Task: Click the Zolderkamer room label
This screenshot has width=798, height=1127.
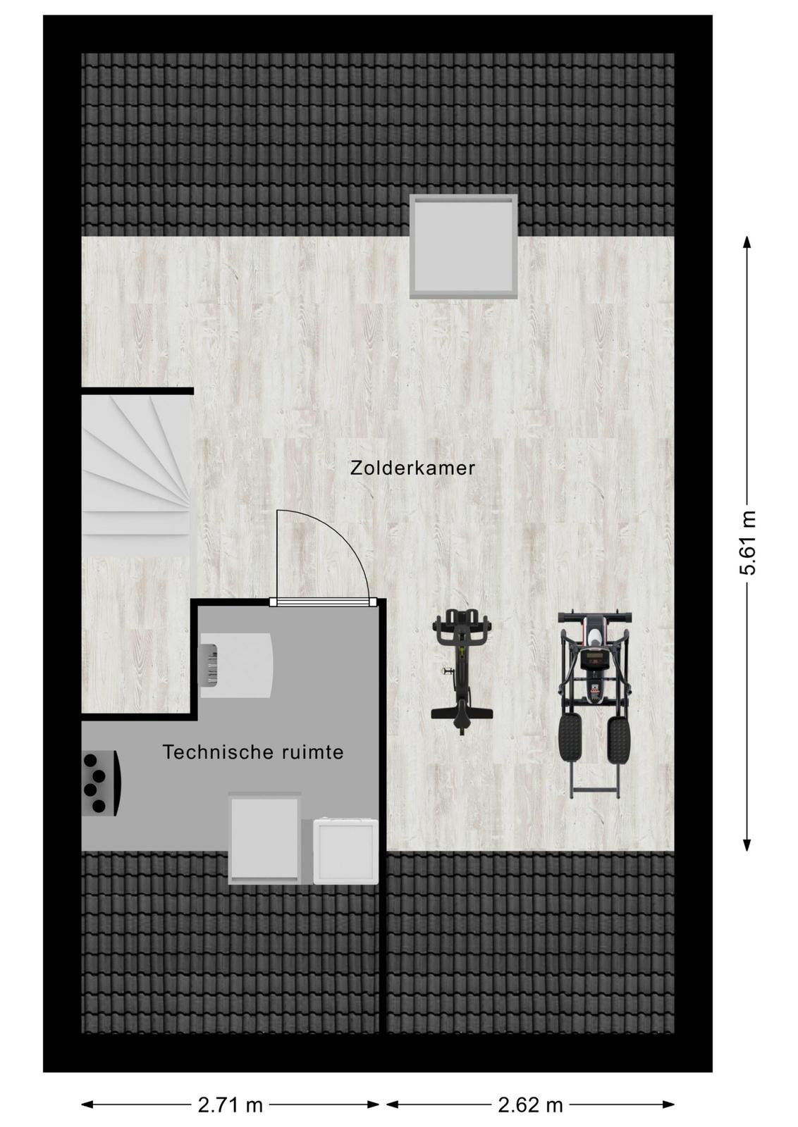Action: pyautogui.click(x=412, y=468)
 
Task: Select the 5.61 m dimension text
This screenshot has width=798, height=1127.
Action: pyautogui.click(x=748, y=542)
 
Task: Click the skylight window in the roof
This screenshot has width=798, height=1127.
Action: pyautogui.click(x=463, y=247)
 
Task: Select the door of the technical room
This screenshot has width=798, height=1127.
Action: pyautogui.click(x=324, y=602)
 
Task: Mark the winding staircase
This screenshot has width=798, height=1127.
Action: pyautogui.click(x=136, y=466)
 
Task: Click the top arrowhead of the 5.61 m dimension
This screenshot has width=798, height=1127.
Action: pyautogui.click(x=747, y=244)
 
